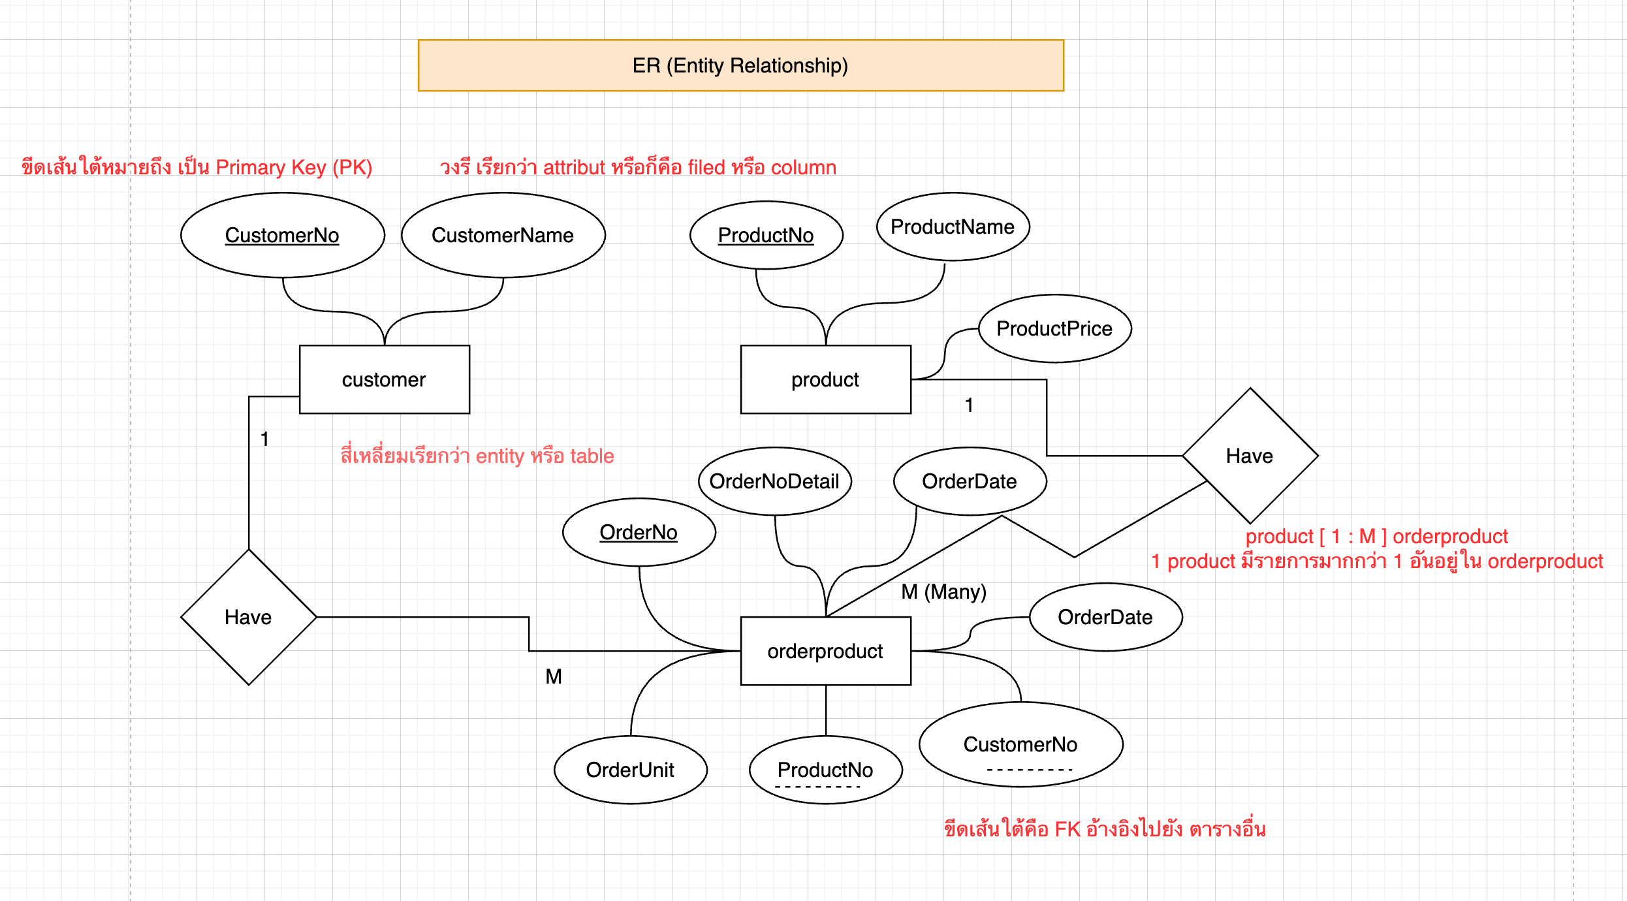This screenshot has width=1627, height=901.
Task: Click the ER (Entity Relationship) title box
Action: (x=740, y=65)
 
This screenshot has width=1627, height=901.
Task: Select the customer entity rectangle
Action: (x=384, y=379)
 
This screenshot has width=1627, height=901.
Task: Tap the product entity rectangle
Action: (x=825, y=379)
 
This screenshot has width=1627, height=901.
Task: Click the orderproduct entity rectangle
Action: (x=825, y=651)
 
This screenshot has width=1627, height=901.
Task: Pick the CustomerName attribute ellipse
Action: (x=503, y=235)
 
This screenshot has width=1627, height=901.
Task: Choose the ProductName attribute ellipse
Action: (x=953, y=227)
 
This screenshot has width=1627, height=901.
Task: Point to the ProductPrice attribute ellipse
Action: (x=1054, y=328)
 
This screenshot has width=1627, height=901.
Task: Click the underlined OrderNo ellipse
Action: (x=639, y=532)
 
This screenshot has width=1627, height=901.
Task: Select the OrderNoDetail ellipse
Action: (x=774, y=481)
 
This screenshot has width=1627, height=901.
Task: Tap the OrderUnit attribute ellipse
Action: (x=630, y=770)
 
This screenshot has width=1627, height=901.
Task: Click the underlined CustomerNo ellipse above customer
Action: (x=282, y=235)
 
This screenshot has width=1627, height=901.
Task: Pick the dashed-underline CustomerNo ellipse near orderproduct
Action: (x=1020, y=744)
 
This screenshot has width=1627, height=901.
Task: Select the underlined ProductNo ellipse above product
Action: (x=766, y=235)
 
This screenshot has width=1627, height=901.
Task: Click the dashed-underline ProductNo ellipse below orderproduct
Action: (x=825, y=770)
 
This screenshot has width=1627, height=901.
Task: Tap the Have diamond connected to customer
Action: (x=248, y=617)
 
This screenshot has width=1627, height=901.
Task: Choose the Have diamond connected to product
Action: (x=1250, y=456)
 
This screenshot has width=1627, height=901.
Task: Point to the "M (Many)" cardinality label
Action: (x=943, y=592)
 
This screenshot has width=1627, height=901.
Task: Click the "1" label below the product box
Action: (x=969, y=405)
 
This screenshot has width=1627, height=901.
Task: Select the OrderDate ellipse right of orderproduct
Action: (x=1105, y=617)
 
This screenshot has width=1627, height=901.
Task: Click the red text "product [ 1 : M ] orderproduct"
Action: (x=1376, y=536)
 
